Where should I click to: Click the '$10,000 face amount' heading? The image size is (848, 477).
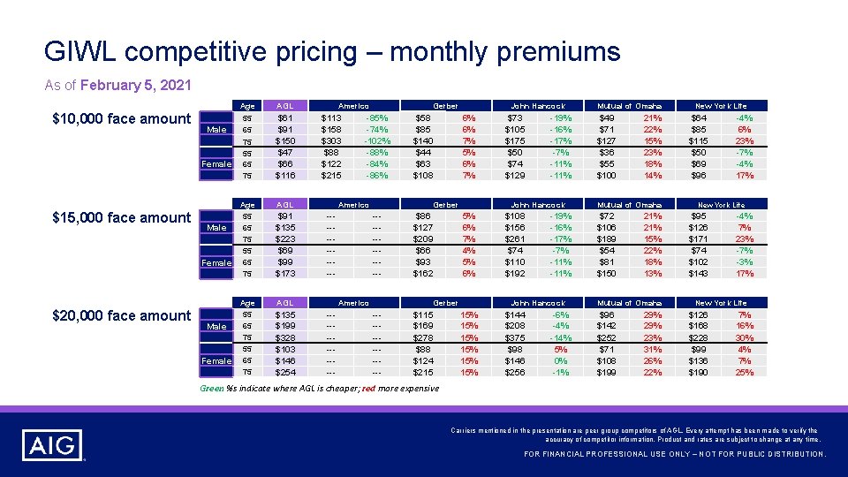point(121,118)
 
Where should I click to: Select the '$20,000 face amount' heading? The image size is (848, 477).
point(121,315)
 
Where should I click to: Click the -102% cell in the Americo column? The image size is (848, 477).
point(378,140)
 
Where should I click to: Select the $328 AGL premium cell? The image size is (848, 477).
point(285,337)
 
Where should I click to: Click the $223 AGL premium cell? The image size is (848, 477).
point(285,238)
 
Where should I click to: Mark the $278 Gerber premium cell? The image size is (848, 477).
point(423,337)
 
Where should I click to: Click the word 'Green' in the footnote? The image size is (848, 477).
point(210,388)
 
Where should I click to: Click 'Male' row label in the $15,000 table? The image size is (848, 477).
point(216,228)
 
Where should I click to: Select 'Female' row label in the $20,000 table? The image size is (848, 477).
point(216,360)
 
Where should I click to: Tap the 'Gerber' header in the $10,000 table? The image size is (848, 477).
point(445,106)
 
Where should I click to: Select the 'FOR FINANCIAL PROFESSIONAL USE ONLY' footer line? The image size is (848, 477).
point(675,454)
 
